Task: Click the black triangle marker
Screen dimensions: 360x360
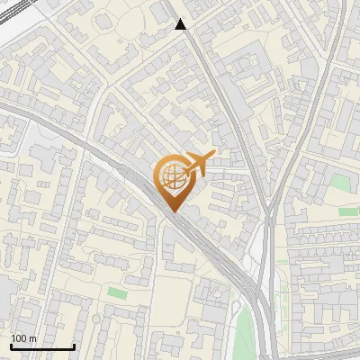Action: point(181,24)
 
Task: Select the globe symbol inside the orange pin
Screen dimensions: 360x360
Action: point(172,176)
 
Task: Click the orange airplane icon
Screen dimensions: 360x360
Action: point(199,163)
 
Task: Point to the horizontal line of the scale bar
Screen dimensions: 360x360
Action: point(41,346)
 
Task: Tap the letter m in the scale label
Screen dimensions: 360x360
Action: point(33,338)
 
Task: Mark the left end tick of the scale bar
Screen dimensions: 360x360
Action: point(10,345)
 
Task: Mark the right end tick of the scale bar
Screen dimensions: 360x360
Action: point(74,345)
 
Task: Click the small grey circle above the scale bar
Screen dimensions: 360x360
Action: point(94,319)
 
